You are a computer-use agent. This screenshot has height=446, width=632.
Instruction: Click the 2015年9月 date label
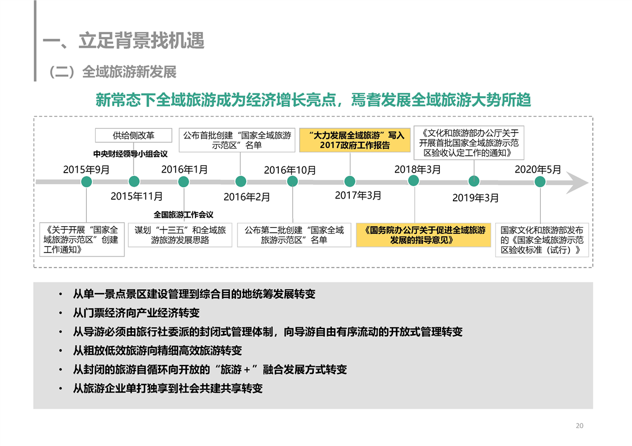[86, 169]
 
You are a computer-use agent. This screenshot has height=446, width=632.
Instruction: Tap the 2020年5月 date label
[538, 169]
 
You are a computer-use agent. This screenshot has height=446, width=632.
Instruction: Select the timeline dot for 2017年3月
[350, 181]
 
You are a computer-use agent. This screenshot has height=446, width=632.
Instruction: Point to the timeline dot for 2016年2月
[241, 181]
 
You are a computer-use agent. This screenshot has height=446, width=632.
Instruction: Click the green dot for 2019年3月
[474, 181]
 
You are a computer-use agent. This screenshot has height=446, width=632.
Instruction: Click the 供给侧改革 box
[133, 135]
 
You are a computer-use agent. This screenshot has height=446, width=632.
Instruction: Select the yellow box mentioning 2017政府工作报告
[355, 140]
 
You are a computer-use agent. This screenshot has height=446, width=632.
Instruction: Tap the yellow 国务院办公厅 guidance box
[424, 235]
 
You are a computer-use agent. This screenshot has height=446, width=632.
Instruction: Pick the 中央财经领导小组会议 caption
[130, 154]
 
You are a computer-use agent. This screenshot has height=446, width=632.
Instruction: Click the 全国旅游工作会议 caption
[184, 214]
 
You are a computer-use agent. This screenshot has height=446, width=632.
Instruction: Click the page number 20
[580, 425]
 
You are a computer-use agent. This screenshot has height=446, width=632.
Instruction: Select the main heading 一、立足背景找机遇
[123, 40]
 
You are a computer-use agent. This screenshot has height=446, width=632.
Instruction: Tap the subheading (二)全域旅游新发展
[112, 72]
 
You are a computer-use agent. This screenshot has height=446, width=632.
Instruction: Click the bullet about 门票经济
[136, 313]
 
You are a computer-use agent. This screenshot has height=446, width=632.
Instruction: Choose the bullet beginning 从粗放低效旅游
[157, 350]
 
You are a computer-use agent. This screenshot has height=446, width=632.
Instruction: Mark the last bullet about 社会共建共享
[168, 389]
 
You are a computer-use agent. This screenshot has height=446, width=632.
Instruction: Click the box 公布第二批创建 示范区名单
[294, 235]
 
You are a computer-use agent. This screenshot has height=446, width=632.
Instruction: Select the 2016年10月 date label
[290, 170]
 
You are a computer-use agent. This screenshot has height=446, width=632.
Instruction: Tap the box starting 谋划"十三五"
[180, 235]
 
